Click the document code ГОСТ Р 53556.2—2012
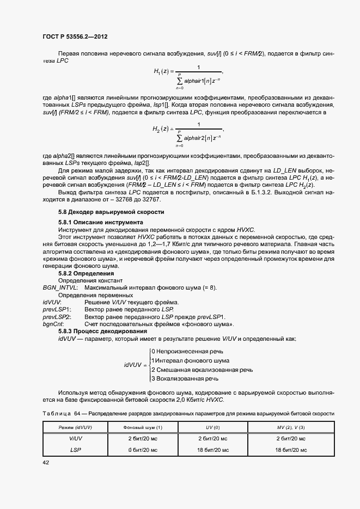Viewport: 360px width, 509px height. click(x=74, y=36)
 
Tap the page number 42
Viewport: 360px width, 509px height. click(x=46, y=462)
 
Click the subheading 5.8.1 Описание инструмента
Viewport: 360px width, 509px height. click(x=101, y=223)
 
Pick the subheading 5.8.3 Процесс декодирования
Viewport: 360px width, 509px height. click(x=103, y=331)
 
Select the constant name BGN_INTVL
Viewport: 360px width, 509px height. click(x=60, y=287)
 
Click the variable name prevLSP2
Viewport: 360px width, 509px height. click(x=57, y=317)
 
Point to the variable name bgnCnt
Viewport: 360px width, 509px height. click(x=53, y=324)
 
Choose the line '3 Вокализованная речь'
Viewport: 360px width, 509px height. click(x=185, y=378)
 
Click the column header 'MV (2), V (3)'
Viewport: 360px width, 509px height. click(x=291, y=427)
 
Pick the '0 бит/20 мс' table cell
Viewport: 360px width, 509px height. click(x=143, y=450)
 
